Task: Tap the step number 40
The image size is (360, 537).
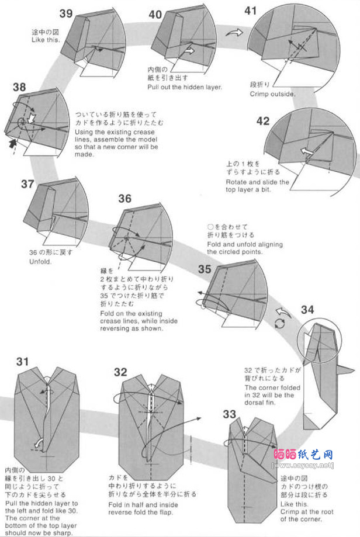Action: pyautogui.click(x=155, y=15)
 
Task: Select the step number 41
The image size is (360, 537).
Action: pyautogui.click(x=251, y=11)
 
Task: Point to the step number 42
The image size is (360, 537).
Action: pyautogui.click(x=263, y=121)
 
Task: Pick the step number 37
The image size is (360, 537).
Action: pyautogui.click(x=27, y=184)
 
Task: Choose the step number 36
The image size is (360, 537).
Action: pyautogui.click(x=125, y=199)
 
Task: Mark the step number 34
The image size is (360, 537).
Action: pyautogui.click(x=307, y=310)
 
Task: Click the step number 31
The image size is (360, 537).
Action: pyautogui.click(x=22, y=362)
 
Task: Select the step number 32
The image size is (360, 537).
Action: pyautogui.click(x=120, y=372)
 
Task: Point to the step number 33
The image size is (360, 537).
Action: pyautogui.click(x=230, y=414)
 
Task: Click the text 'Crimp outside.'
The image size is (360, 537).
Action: pyautogui.click(x=272, y=93)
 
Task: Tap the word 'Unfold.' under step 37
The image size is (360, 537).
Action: pyautogui.click(x=40, y=262)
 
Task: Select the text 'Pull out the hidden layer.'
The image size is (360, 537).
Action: pyautogui.click(x=185, y=88)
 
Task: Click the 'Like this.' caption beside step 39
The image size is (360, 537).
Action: pyautogui.click(x=46, y=40)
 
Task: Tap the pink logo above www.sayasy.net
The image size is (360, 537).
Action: pyautogui.click(x=303, y=454)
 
